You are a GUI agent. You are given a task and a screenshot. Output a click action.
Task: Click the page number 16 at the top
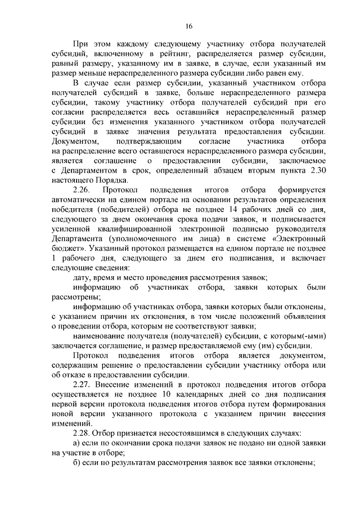(188, 26)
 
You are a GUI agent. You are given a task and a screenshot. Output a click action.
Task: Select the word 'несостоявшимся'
(165, 433)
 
